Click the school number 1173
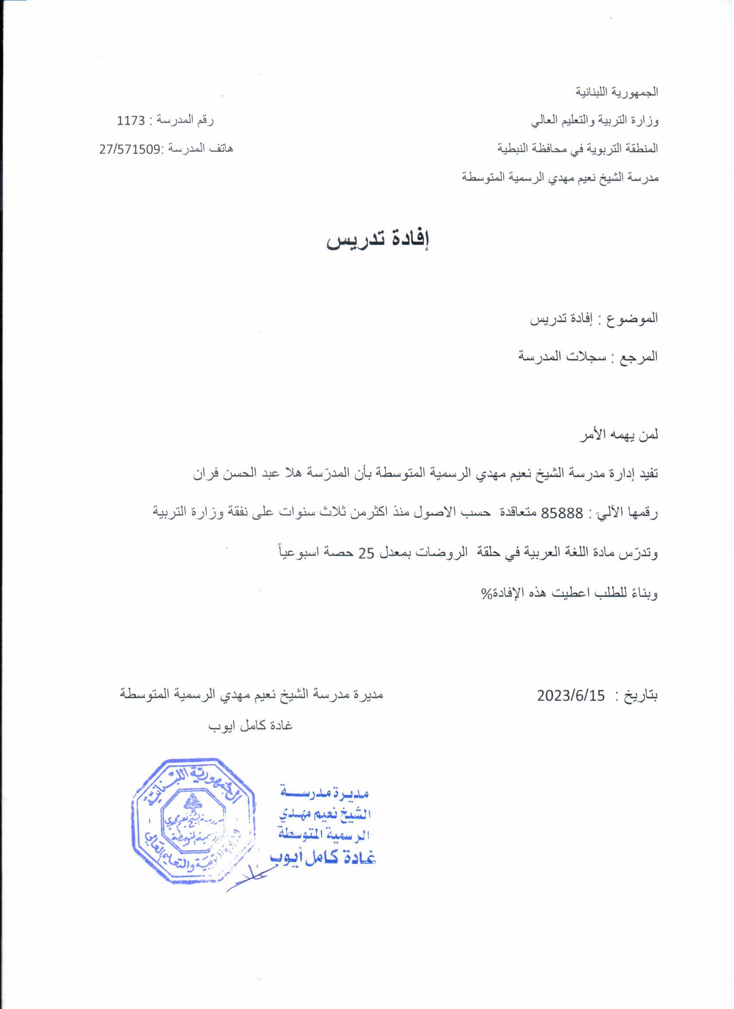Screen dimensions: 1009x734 coord(131,121)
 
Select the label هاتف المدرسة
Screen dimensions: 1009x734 coord(199,149)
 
